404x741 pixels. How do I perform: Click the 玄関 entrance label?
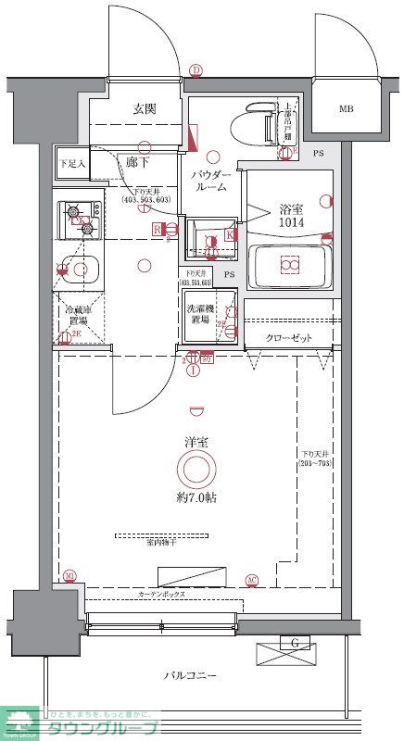(x=144, y=108)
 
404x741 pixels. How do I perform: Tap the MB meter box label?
(x=346, y=109)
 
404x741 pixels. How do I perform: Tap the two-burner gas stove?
(x=81, y=219)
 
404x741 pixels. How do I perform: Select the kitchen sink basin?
(x=83, y=270)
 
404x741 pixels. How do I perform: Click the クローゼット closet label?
(x=288, y=338)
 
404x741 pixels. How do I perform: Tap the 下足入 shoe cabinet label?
(x=71, y=162)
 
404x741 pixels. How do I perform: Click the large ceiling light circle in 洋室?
(x=196, y=470)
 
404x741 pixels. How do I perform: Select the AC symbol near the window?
(x=251, y=580)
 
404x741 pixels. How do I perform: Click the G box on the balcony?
(x=295, y=643)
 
